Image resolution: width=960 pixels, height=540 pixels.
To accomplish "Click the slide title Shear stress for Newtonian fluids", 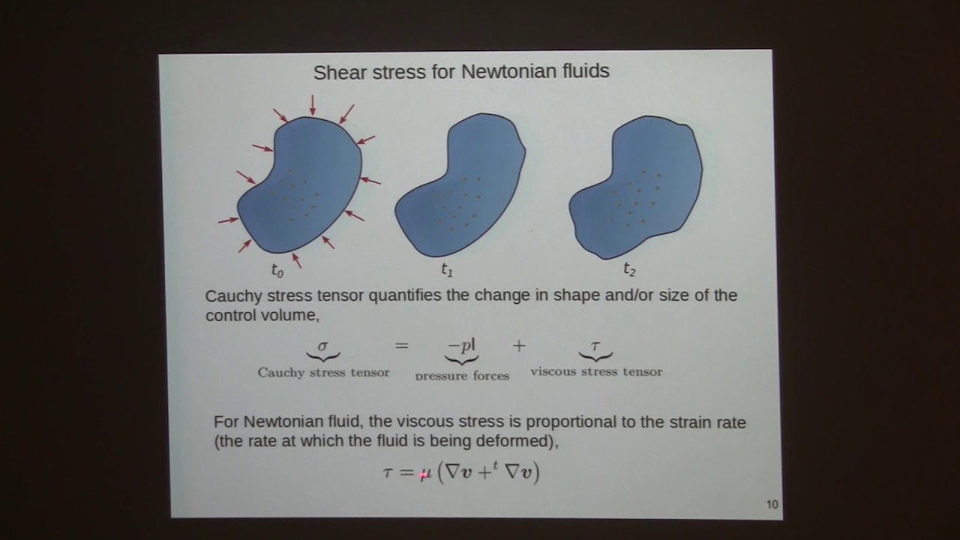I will (460, 72).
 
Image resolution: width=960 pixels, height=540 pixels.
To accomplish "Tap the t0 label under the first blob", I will (277, 270).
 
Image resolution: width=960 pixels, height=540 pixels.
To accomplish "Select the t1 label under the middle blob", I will (447, 269).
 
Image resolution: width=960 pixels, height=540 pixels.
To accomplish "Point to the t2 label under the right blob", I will (629, 269).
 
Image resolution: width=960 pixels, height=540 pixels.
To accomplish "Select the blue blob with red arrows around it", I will (300, 187).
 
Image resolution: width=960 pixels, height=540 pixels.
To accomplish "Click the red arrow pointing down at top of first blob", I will (313, 105).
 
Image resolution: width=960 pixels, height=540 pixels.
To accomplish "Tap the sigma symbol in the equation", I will (323, 346).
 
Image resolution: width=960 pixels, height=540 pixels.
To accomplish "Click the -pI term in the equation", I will (461, 346).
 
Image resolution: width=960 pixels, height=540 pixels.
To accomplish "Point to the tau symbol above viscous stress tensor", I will (595, 346).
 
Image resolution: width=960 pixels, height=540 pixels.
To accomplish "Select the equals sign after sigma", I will (402, 346).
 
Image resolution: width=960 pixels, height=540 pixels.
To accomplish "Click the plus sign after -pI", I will (519, 346).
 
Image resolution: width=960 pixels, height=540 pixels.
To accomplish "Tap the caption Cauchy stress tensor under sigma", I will (323, 373).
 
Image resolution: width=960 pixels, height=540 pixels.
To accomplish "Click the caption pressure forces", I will (462, 375).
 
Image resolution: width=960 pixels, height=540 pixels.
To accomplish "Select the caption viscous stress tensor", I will (596, 371).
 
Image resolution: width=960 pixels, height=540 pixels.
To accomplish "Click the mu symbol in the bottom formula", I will (424, 474).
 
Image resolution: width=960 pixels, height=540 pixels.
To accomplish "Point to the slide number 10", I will (772, 505).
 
